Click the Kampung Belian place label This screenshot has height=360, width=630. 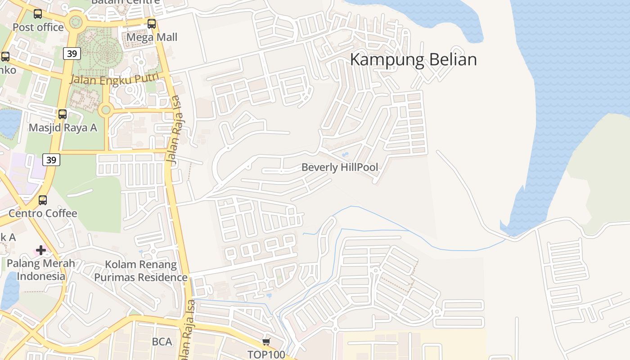(x=413, y=59)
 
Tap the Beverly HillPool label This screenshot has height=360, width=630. (x=340, y=167)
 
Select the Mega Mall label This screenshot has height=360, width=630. (x=152, y=37)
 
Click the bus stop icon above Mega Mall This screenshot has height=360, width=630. (x=152, y=24)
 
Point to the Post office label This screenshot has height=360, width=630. (x=38, y=27)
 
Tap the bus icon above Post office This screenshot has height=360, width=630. (x=38, y=14)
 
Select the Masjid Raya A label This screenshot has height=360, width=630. (x=63, y=127)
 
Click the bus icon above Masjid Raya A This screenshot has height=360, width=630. (x=63, y=114)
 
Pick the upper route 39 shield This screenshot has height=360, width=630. (x=72, y=54)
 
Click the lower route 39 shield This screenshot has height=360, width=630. (x=52, y=160)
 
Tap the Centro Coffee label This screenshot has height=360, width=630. (x=43, y=213)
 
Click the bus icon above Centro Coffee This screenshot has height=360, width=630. (x=43, y=200)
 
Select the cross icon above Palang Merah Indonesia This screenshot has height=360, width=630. (x=41, y=250)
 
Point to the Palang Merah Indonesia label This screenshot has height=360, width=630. (x=41, y=270)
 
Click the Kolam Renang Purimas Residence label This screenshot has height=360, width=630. (x=140, y=270)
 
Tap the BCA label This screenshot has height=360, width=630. (x=162, y=342)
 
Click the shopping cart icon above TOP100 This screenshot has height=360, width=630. (x=266, y=342)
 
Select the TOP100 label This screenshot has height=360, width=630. (x=266, y=355)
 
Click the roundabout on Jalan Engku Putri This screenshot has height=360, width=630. (x=106, y=109)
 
